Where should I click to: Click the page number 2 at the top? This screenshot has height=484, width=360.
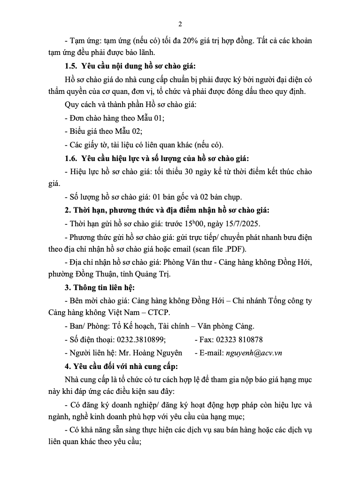click(180, 24)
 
